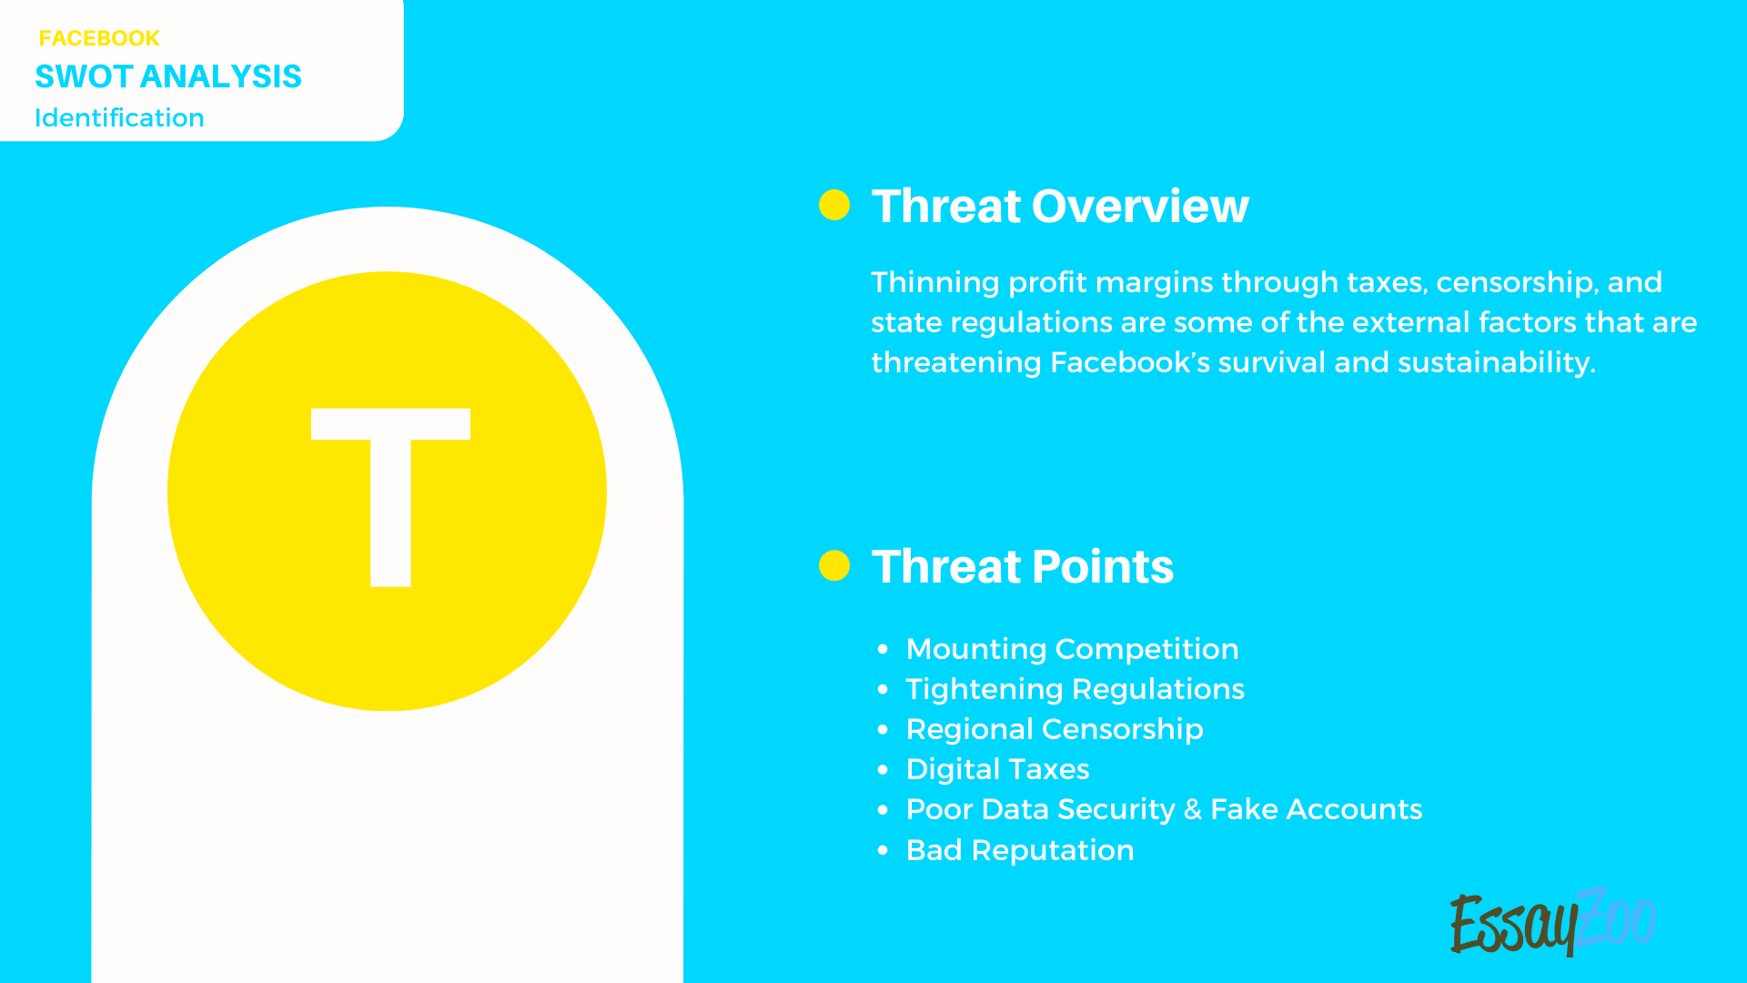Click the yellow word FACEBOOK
click(99, 38)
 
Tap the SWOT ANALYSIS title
click(168, 76)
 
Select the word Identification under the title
click(119, 118)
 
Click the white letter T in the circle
click(390, 496)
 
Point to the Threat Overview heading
click(1060, 206)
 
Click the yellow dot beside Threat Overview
click(834, 205)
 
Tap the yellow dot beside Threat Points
click(834, 565)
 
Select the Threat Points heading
click(1023, 566)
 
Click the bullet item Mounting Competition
click(1072, 649)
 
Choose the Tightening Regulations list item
click(1075, 689)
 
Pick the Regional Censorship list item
click(1055, 729)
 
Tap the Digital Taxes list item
click(997, 769)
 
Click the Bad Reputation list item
click(1020, 850)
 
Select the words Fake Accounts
click(1316, 809)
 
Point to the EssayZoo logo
click(1552, 922)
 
